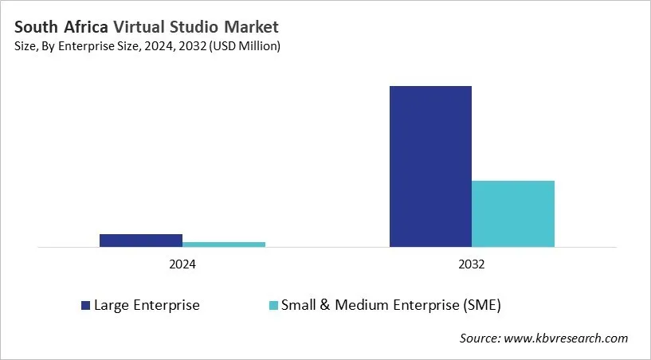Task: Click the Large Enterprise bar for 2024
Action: [x=141, y=240]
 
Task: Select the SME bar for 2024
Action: [x=224, y=244]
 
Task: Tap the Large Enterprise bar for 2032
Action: [x=430, y=166]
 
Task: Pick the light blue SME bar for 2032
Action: [x=513, y=213]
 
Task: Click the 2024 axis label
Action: [x=182, y=264]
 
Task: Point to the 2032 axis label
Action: [x=472, y=264]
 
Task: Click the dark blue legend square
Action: [x=85, y=305]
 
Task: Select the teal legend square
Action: [x=273, y=305]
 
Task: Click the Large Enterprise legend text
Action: [x=147, y=305]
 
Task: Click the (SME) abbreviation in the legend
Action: [x=483, y=305]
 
